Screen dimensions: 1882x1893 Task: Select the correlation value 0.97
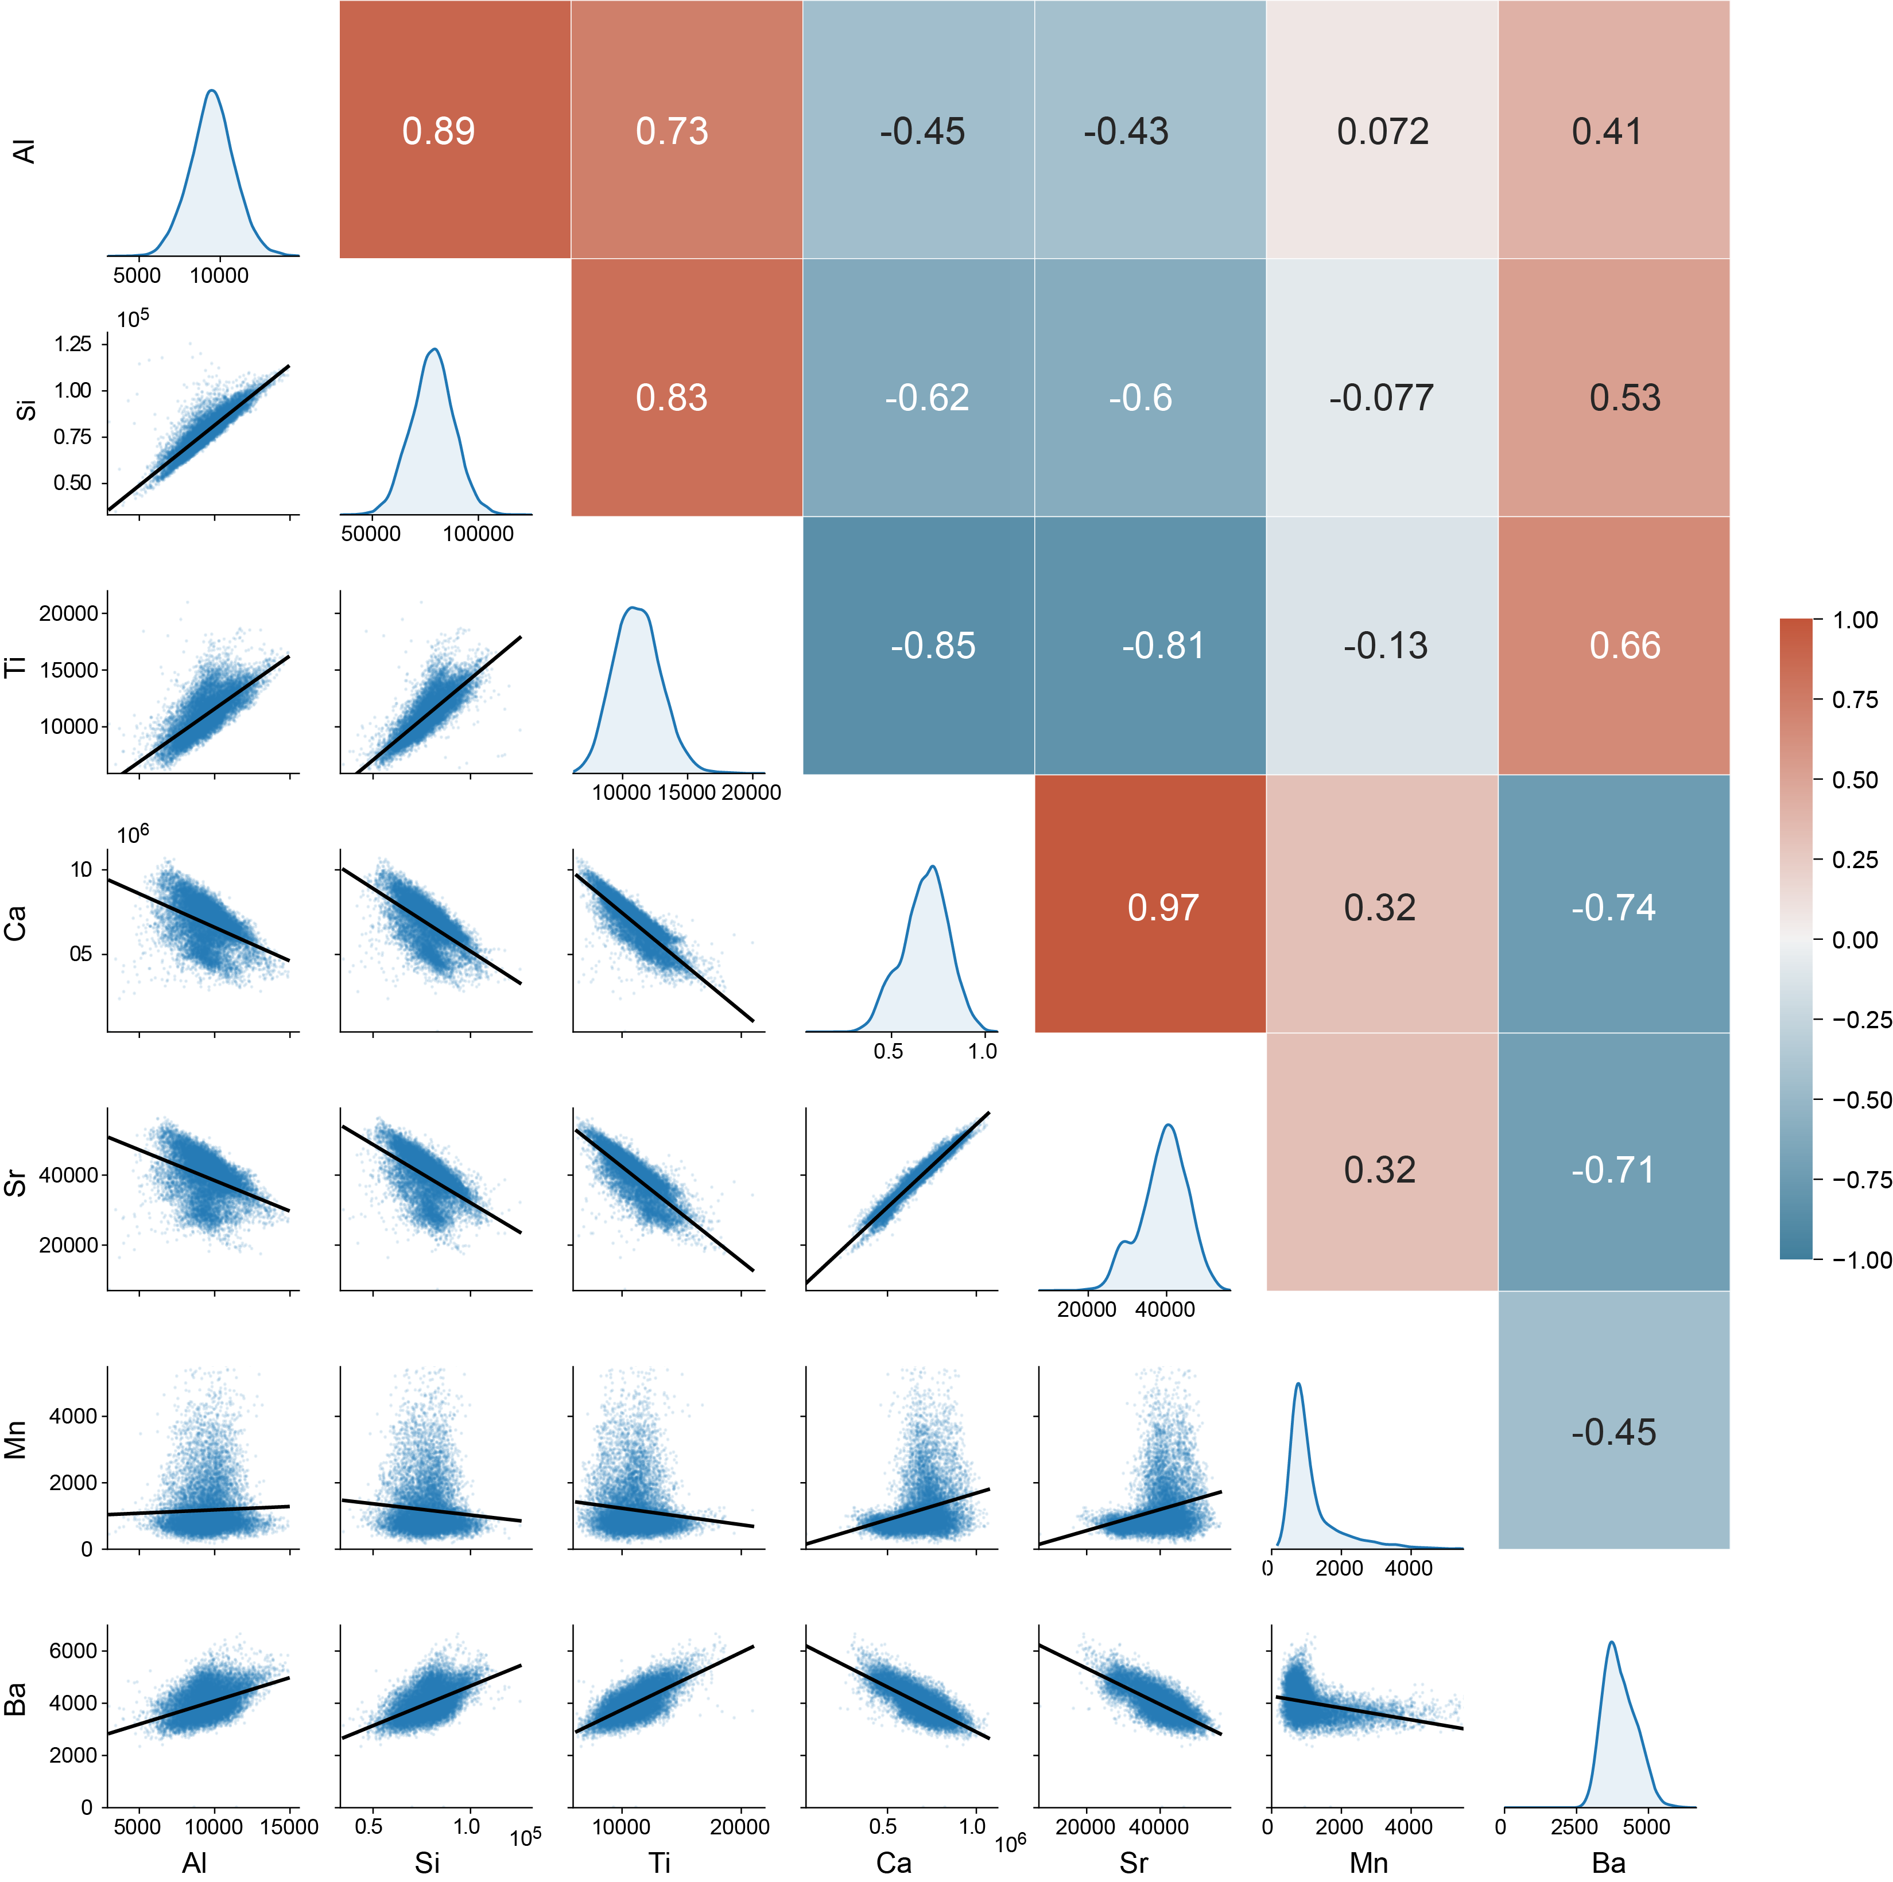coord(1162,907)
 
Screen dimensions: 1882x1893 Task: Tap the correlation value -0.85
coord(933,646)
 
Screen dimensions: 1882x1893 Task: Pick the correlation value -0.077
coord(1380,398)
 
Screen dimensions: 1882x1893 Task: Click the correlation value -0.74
coord(1613,907)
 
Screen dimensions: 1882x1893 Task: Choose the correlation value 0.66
coord(1624,646)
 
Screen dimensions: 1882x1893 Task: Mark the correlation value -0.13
coord(1384,646)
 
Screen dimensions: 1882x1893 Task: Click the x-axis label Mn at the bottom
coord(1368,1862)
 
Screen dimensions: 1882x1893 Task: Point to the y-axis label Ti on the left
coord(15,666)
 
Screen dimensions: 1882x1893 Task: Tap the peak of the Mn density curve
coord(1298,1383)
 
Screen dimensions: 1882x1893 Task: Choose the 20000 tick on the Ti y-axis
coord(68,613)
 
